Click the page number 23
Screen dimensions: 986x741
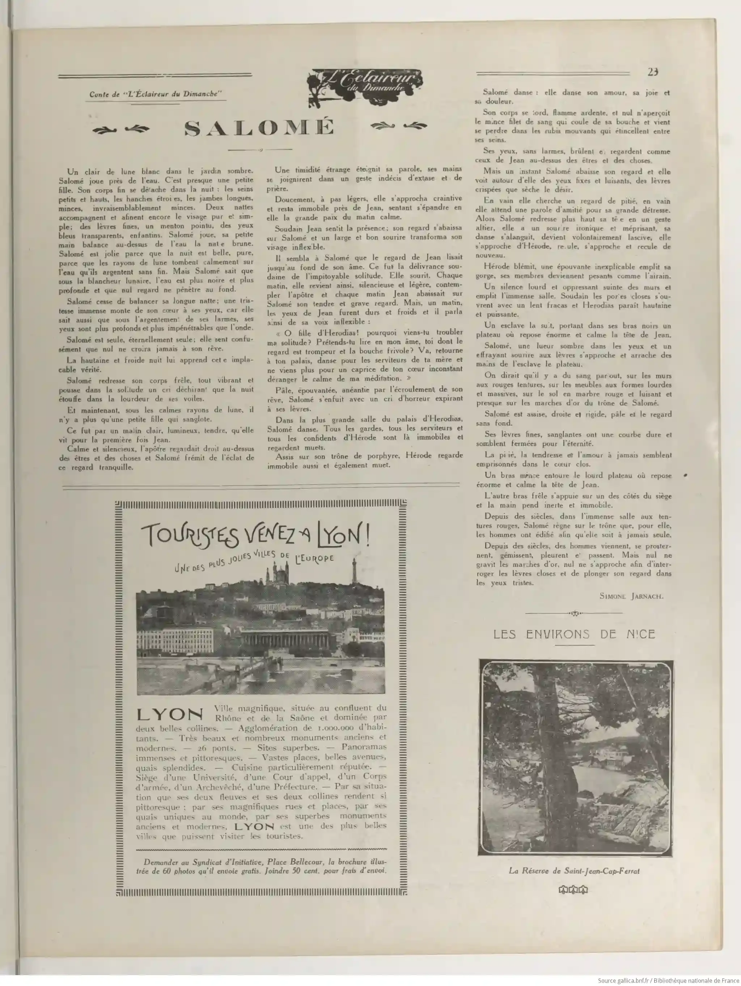(x=653, y=72)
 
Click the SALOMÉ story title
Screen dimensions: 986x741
(x=259, y=128)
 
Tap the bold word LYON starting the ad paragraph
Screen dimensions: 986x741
(x=170, y=714)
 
